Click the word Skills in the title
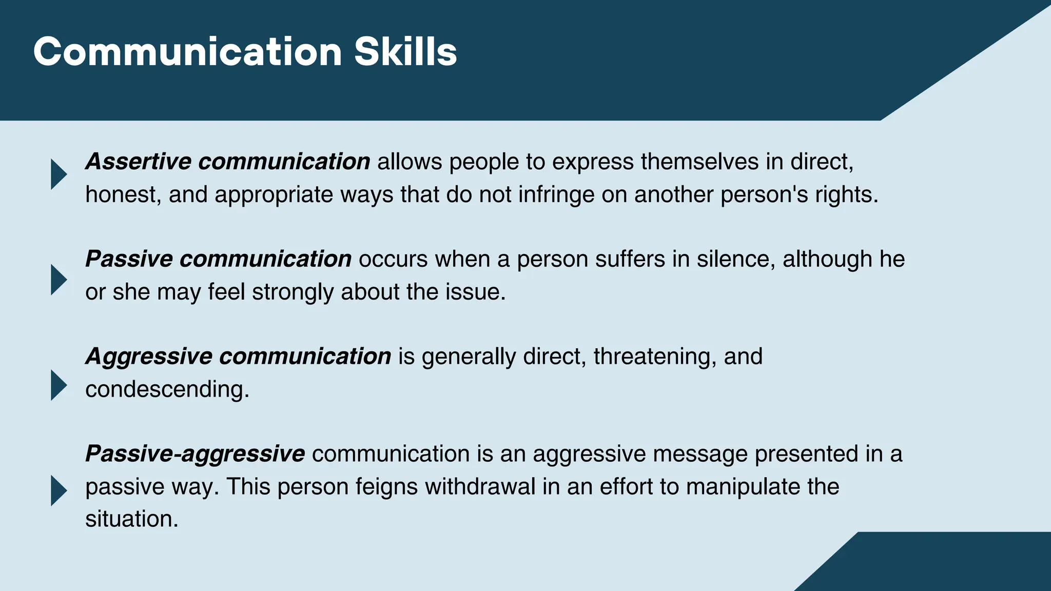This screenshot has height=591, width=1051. click(405, 52)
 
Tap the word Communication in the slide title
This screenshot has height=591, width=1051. click(187, 52)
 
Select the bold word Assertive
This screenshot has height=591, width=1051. click(138, 162)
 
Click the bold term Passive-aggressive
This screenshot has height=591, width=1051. click(195, 454)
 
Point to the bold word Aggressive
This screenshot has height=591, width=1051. click(149, 357)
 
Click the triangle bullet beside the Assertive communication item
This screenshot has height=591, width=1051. click(59, 174)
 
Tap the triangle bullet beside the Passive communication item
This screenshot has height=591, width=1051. click(59, 280)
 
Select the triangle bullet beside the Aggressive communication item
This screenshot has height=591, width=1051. click(59, 385)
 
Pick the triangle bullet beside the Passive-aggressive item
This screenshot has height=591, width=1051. click(59, 490)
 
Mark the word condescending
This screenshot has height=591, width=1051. click(167, 389)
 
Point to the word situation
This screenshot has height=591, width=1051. click(131, 519)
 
